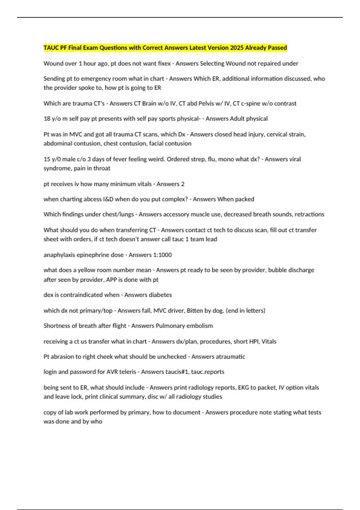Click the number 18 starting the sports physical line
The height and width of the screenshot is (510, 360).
tap(47, 119)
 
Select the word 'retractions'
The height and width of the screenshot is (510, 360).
tap(309, 214)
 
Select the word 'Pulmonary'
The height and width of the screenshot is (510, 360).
tap(170, 326)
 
